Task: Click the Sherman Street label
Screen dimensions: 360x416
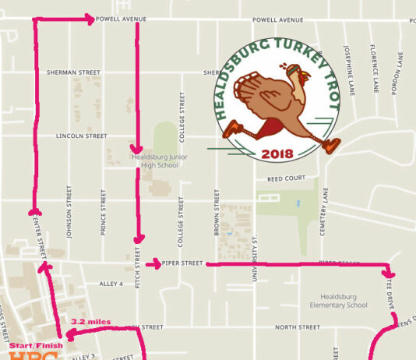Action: (74, 72)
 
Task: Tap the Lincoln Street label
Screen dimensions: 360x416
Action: (82, 136)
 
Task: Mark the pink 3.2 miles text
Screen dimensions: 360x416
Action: (90, 321)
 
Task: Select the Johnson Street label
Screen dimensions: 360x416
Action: (69, 211)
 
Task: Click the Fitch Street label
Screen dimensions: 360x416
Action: (138, 265)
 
